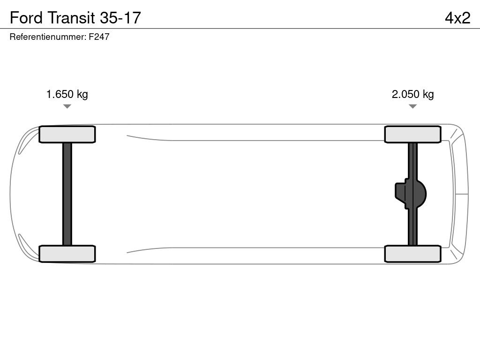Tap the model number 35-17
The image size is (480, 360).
tap(120, 17)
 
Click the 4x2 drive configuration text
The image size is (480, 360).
tap(457, 17)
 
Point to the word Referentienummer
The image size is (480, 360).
tap(47, 37)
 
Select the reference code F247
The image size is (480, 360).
tap(99, 37)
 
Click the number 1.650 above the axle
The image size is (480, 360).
tap(60, 94)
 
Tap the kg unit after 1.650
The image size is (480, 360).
tap(82, 94)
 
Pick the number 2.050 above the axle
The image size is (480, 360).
tap(405, 94)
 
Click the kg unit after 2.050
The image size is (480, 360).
tap(428, 94)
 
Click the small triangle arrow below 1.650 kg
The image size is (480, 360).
tap(67, 106)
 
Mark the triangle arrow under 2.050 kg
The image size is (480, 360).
tap(412, 106)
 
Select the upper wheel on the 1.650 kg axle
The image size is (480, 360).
tap(67, 135)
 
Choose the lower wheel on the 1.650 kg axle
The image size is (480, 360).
tap(67, 254)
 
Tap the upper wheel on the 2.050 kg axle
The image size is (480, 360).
tap(412, 135)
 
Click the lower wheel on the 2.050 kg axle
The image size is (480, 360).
tap(412, 254)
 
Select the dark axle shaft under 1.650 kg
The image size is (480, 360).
tap(67, 194)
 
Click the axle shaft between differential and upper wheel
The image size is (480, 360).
tap(412, 159)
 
